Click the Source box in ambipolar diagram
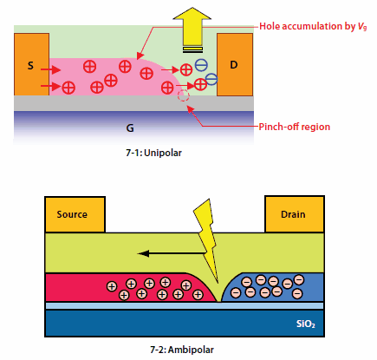(74, 214)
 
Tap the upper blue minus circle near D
(200, 64)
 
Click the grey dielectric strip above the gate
(87, 102)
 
